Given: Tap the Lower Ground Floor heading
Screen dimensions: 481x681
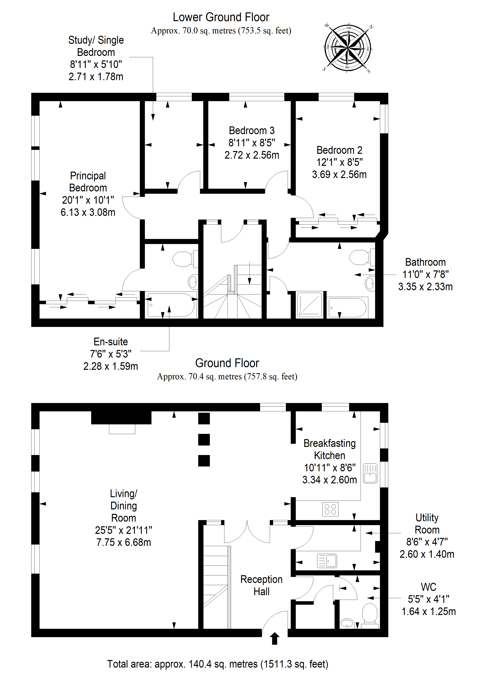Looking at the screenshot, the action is pos(221,17).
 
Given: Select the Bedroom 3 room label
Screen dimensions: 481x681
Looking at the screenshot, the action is pos(252,130).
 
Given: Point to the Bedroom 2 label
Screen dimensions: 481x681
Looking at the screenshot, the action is pos(339,150).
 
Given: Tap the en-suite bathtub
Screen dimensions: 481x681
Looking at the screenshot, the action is pos(171,305).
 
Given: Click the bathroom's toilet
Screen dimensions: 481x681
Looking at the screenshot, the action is pos(362,257).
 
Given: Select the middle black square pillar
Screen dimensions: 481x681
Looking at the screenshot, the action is pos(204,440).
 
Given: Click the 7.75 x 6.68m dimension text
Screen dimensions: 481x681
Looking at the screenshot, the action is pos(124,542).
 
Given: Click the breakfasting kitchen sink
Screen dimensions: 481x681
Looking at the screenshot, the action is pos(370,473).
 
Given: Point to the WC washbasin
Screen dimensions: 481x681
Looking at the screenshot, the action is pos(346,623).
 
